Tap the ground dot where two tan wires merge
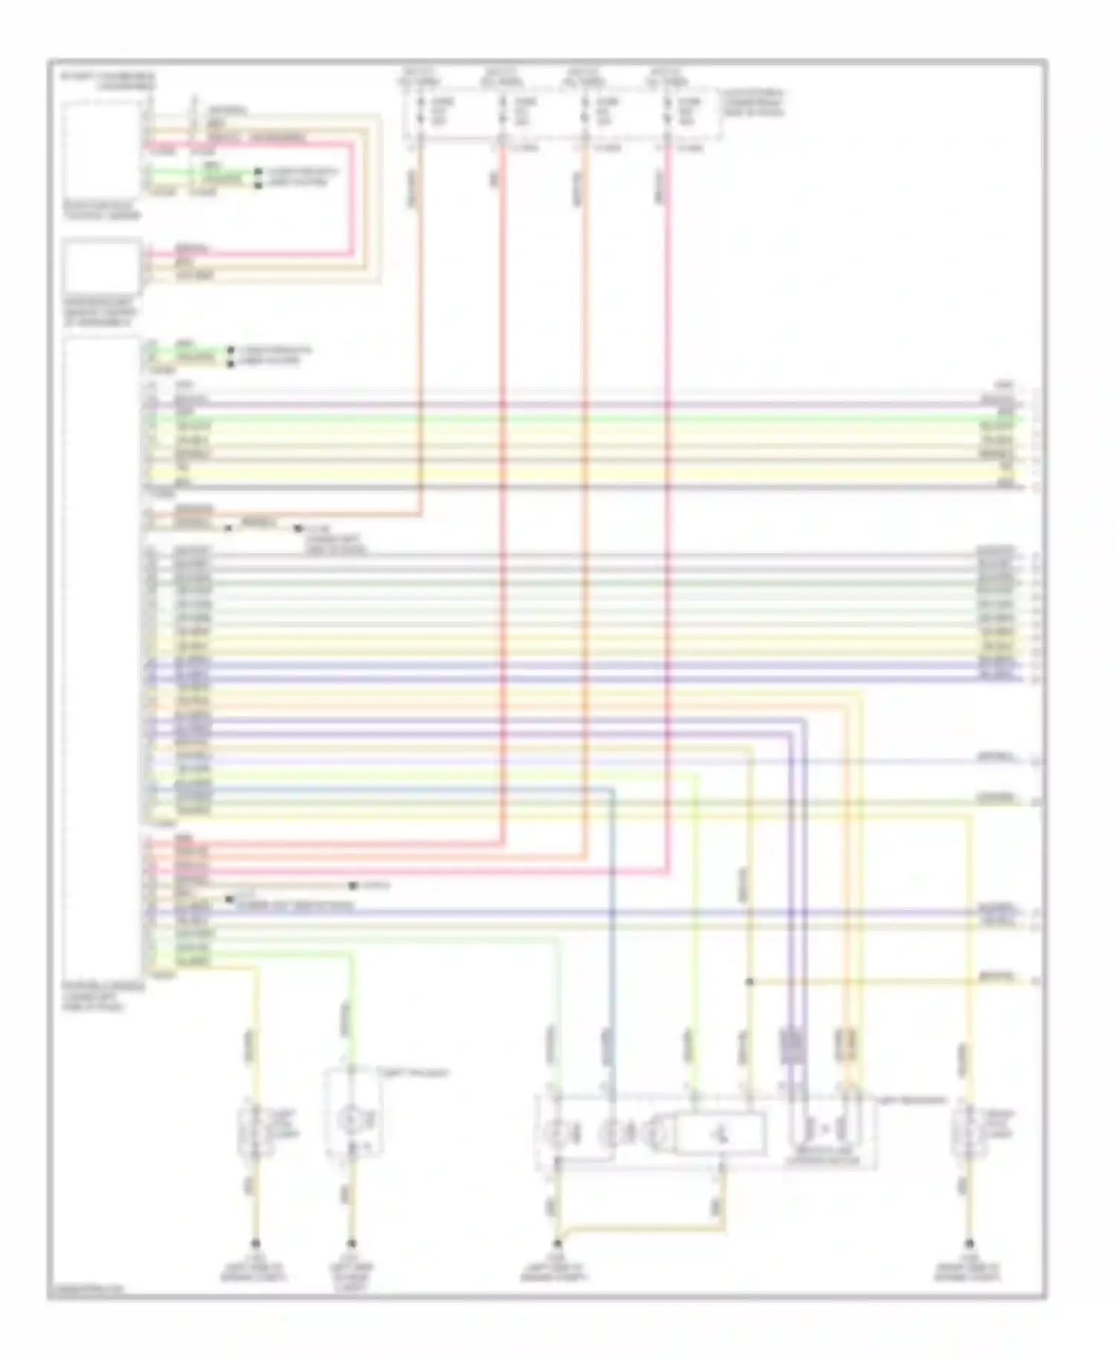point(557,1243)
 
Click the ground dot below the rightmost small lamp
point(969,1243)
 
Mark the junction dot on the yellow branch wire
point(749,981)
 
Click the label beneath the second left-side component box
point(101,312)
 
